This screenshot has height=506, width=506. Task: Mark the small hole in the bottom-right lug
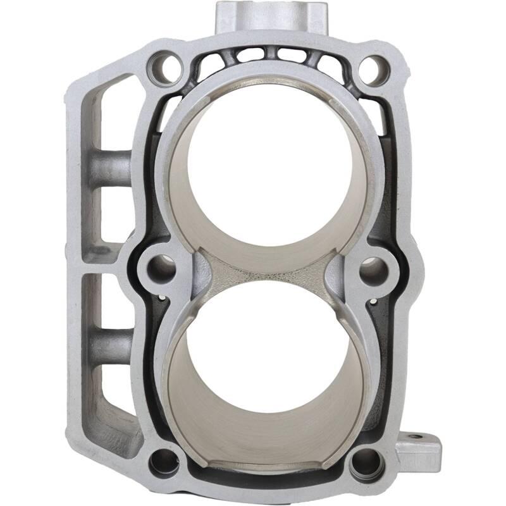pyautogui.click(x=414, y=436)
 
